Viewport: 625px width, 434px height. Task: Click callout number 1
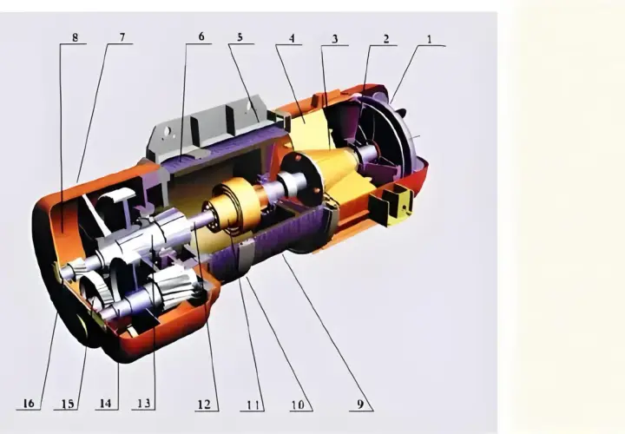click(x=430, y=39)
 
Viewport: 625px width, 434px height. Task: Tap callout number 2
click(x=385, y=39)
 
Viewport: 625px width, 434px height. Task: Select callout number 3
click(x=335, y=39)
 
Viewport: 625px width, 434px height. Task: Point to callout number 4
click(x=292, y=38)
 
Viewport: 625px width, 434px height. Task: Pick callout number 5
click(x=240, y=37)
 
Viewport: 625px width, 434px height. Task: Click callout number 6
click(x=201, y=36)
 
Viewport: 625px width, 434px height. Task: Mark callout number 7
click(x=122, y=37)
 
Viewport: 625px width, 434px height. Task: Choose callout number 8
click(x=75, y=37)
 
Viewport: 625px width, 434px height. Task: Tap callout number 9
click(x=360, y=404)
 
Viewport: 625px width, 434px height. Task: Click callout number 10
click(x=298, y=404)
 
